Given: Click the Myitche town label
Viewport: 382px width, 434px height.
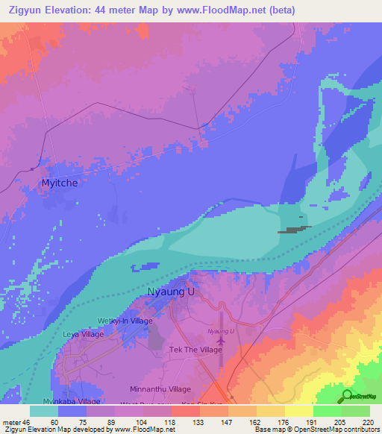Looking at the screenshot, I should click(x=59, y=182).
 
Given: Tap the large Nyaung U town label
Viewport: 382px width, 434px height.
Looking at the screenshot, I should click(x=171, y=292).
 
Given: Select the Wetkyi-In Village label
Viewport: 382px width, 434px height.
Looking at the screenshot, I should click(x=125, y=321).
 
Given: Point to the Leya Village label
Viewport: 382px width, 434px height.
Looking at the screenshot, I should click(x=83, y=334).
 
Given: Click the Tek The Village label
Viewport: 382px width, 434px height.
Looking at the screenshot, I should click(x=196, y=350).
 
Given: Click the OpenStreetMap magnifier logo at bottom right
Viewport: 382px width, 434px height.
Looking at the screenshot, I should click(x=346, y=395).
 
